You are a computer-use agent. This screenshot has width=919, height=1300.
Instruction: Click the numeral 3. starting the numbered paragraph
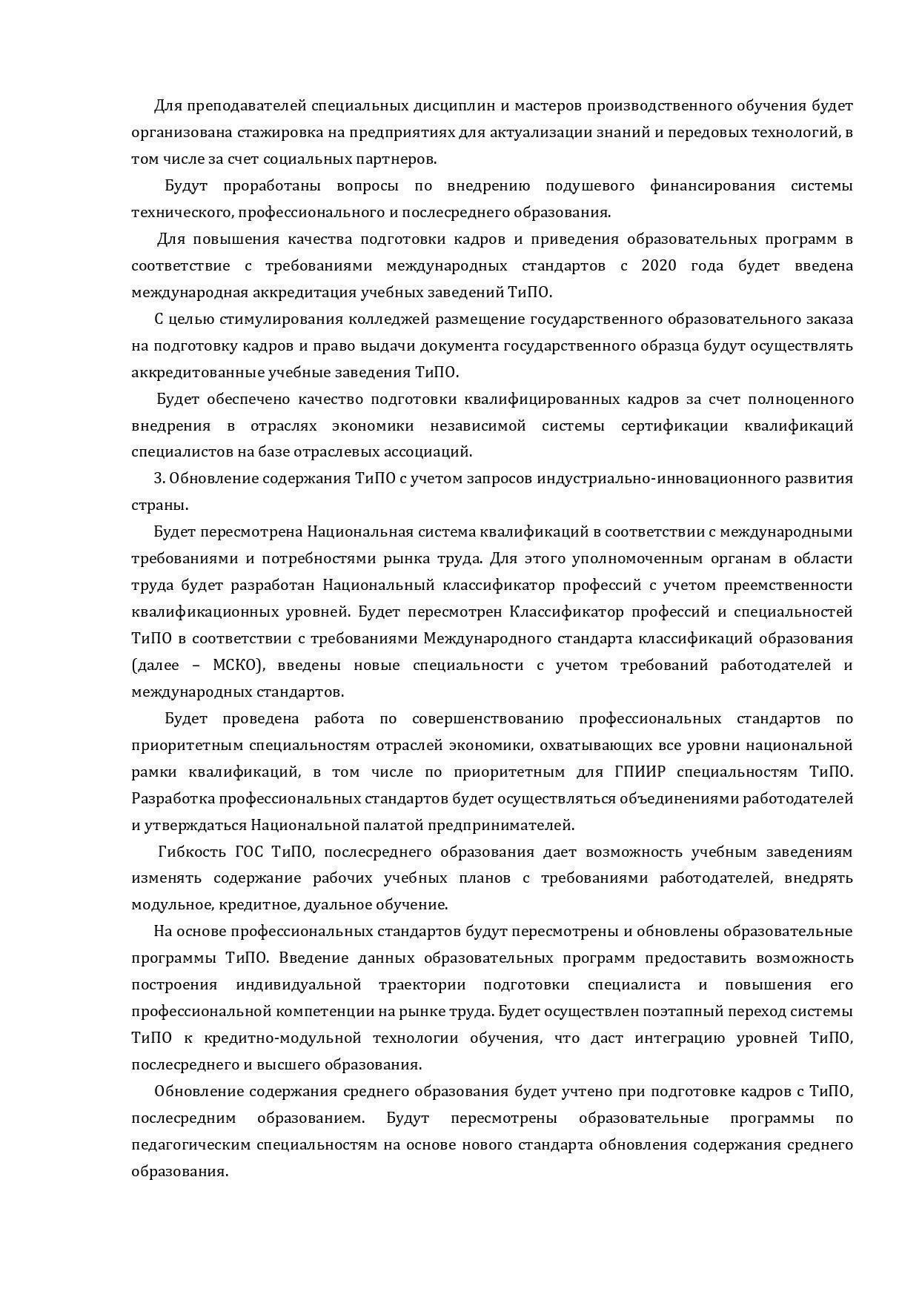(x=159, y=479)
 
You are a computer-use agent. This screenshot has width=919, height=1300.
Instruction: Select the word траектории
(x=422, y=985)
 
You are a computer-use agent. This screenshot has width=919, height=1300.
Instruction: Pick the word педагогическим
(x=192, y=1145)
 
